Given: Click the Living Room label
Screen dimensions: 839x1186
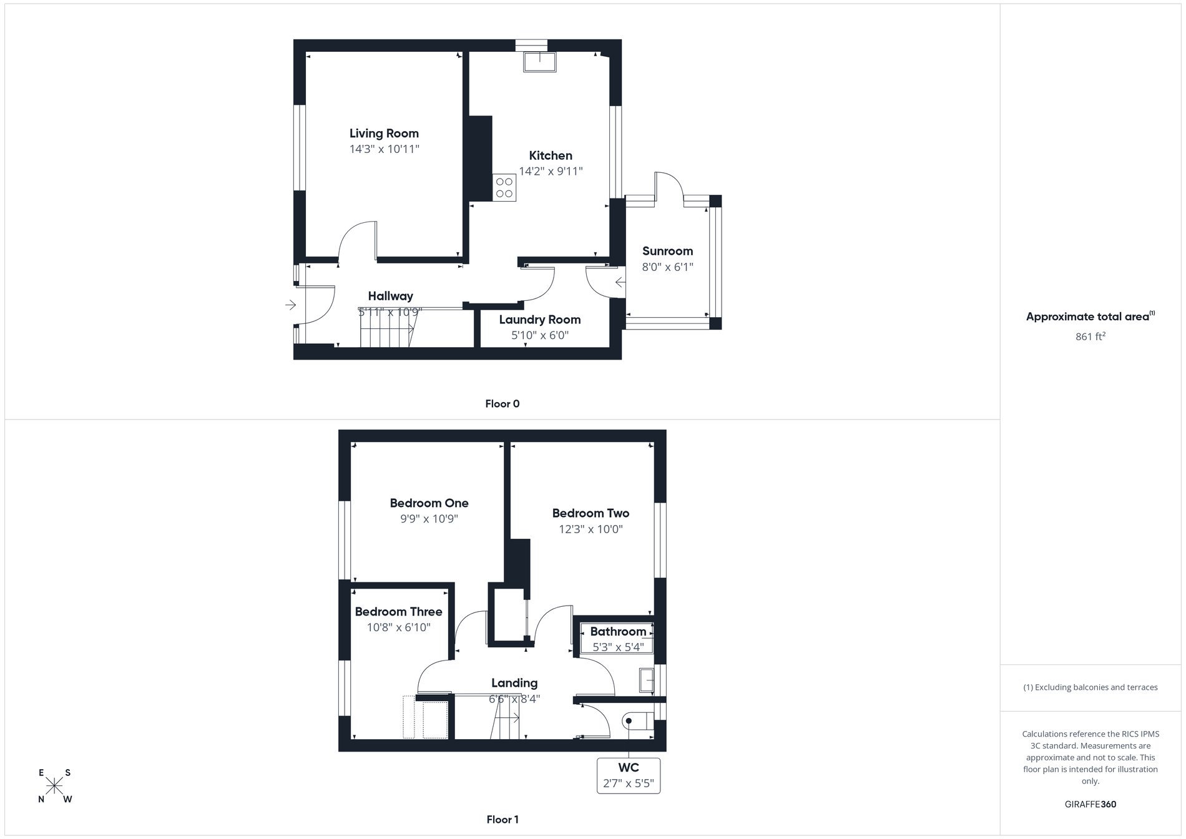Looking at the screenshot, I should (384, 133).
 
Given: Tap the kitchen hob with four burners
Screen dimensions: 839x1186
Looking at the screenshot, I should (504, 187).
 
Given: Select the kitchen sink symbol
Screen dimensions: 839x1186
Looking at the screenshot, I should (540, 62).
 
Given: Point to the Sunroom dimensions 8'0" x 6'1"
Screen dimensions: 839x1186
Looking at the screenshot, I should (667, 267).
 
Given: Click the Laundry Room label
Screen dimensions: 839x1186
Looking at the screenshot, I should (540, 320).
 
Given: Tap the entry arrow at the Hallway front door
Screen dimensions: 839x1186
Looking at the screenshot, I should (291, 305).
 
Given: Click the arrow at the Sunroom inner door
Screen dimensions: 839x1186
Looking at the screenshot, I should (620, 283).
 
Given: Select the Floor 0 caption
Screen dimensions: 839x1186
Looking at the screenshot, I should (502, 404).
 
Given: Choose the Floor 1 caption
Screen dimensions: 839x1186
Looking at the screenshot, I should (502, 820).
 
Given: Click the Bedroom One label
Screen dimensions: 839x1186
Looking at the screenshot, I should (429, 503).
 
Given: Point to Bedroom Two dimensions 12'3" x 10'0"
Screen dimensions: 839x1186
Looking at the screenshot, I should (591, 529).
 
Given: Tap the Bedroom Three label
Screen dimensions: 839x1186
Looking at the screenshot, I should (398, 612).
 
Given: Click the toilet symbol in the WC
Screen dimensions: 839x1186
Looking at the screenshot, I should (637, 722).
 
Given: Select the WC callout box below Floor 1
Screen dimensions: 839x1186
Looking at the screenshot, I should (629, 775).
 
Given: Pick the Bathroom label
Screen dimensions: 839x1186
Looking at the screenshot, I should (618, 632).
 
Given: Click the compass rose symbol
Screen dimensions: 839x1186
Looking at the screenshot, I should (55, 785).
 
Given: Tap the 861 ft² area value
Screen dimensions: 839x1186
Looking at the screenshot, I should (1090, 336).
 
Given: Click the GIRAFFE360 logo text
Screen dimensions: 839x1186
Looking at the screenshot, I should (1090, 804).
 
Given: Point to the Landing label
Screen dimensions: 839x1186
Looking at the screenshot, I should (514, 683).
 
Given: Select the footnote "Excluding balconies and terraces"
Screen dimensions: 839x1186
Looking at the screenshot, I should (1090, 687).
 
